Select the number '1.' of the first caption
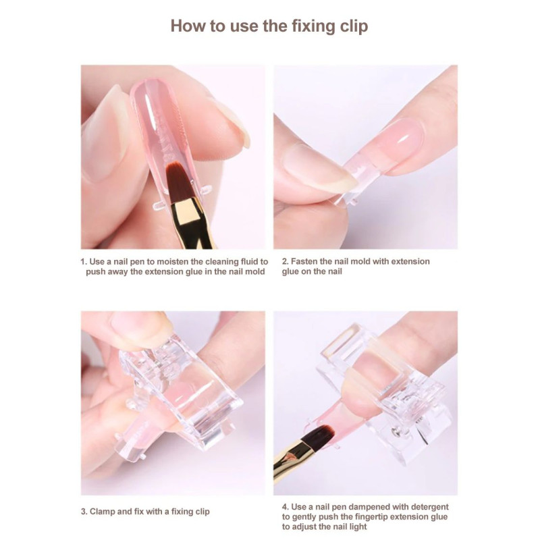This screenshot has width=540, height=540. [84, 262]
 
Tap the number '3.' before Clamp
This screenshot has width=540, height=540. [84, 512]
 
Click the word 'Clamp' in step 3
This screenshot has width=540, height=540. [103, 512]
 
